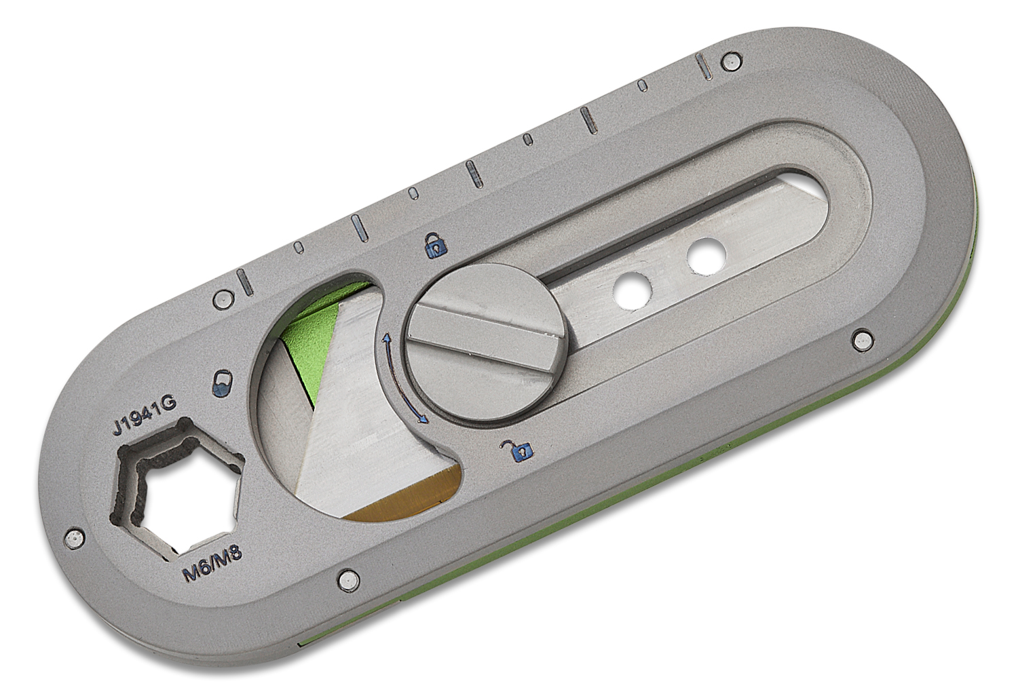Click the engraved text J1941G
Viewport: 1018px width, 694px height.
pyautogui.click(x=145, y=416)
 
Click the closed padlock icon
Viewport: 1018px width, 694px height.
pyautogui.click(x=432, y=244)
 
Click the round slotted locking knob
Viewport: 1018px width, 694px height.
pyautogui.click(x=485, y=339)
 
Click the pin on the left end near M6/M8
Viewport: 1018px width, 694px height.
pyautogui.click(x=74, y=537)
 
